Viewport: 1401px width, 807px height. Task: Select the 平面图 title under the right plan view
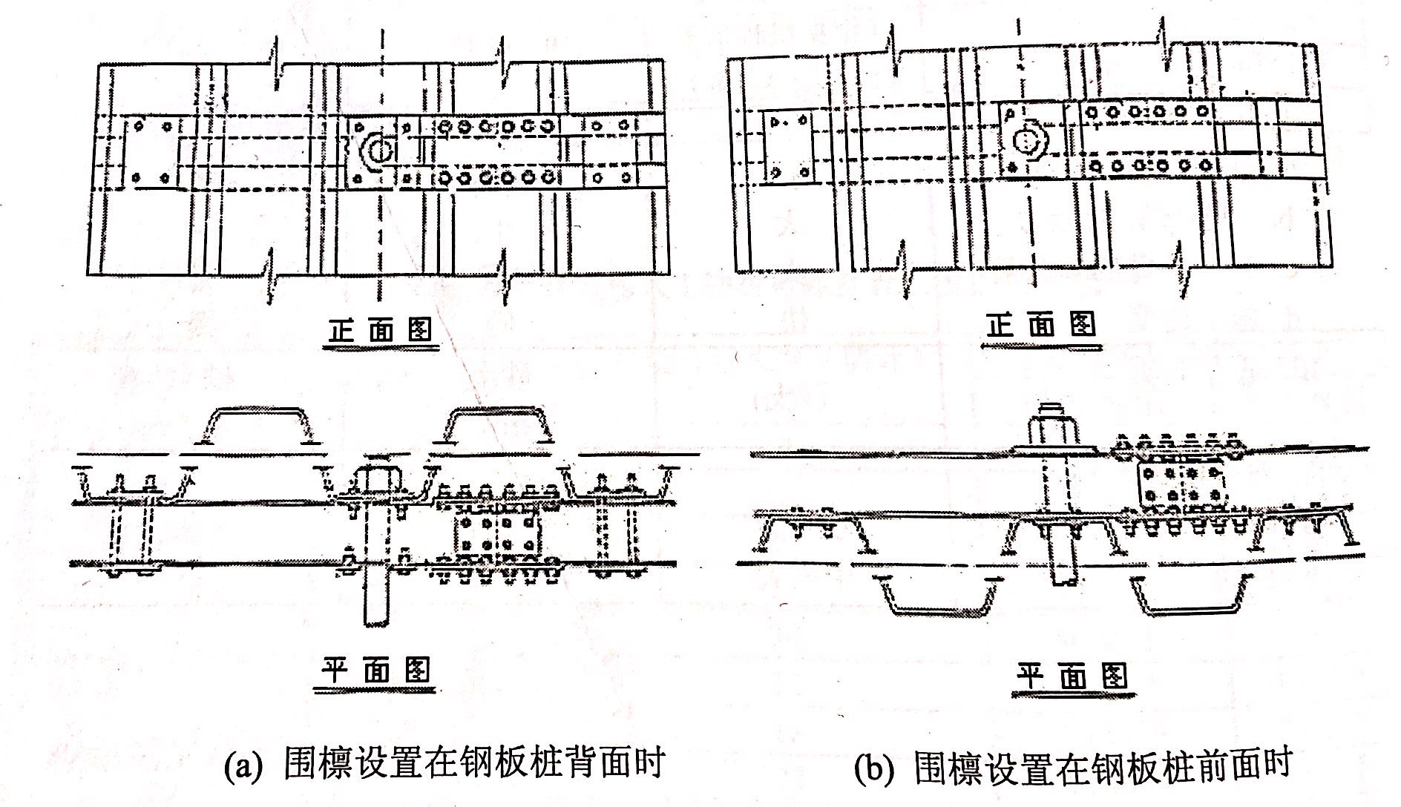tap(1072, 676)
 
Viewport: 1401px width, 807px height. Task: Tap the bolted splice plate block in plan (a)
tap(496, 537)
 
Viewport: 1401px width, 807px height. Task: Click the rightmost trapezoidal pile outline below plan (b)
tap(1187, 597)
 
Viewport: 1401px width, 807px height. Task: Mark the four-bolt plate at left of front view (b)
tap(788, 146)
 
